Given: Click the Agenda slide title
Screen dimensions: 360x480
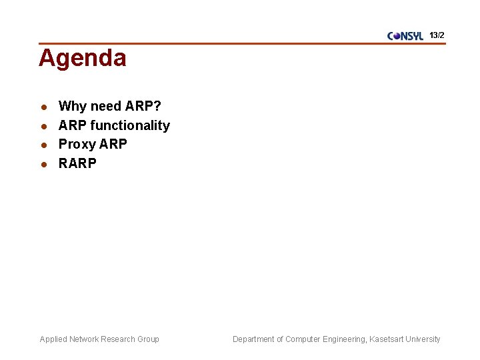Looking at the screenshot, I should [x=82, y=59].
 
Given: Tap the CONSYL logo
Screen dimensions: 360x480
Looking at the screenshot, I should [x=405, y=36].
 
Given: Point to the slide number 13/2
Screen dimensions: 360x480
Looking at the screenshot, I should [x=437, y=35].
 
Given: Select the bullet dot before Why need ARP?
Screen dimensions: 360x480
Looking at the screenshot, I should [x=43, y=107].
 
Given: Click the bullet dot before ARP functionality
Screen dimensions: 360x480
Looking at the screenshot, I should [x=43, y=126].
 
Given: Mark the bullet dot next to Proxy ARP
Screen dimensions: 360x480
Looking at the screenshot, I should [x=43, y=145].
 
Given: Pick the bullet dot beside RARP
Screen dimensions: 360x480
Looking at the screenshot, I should [x=43, y=164].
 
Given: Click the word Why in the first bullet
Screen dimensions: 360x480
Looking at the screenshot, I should [x=72, y=107].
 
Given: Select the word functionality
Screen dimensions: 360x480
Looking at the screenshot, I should [x=130, y=125].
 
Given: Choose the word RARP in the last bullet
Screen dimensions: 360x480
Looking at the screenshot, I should [x=77, y=163].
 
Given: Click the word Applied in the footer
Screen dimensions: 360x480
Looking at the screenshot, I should [x=53, y=339].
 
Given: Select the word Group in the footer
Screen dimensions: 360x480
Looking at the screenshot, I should [x=148, y=339].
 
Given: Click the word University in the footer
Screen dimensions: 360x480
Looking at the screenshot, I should [x=424, y=339].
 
